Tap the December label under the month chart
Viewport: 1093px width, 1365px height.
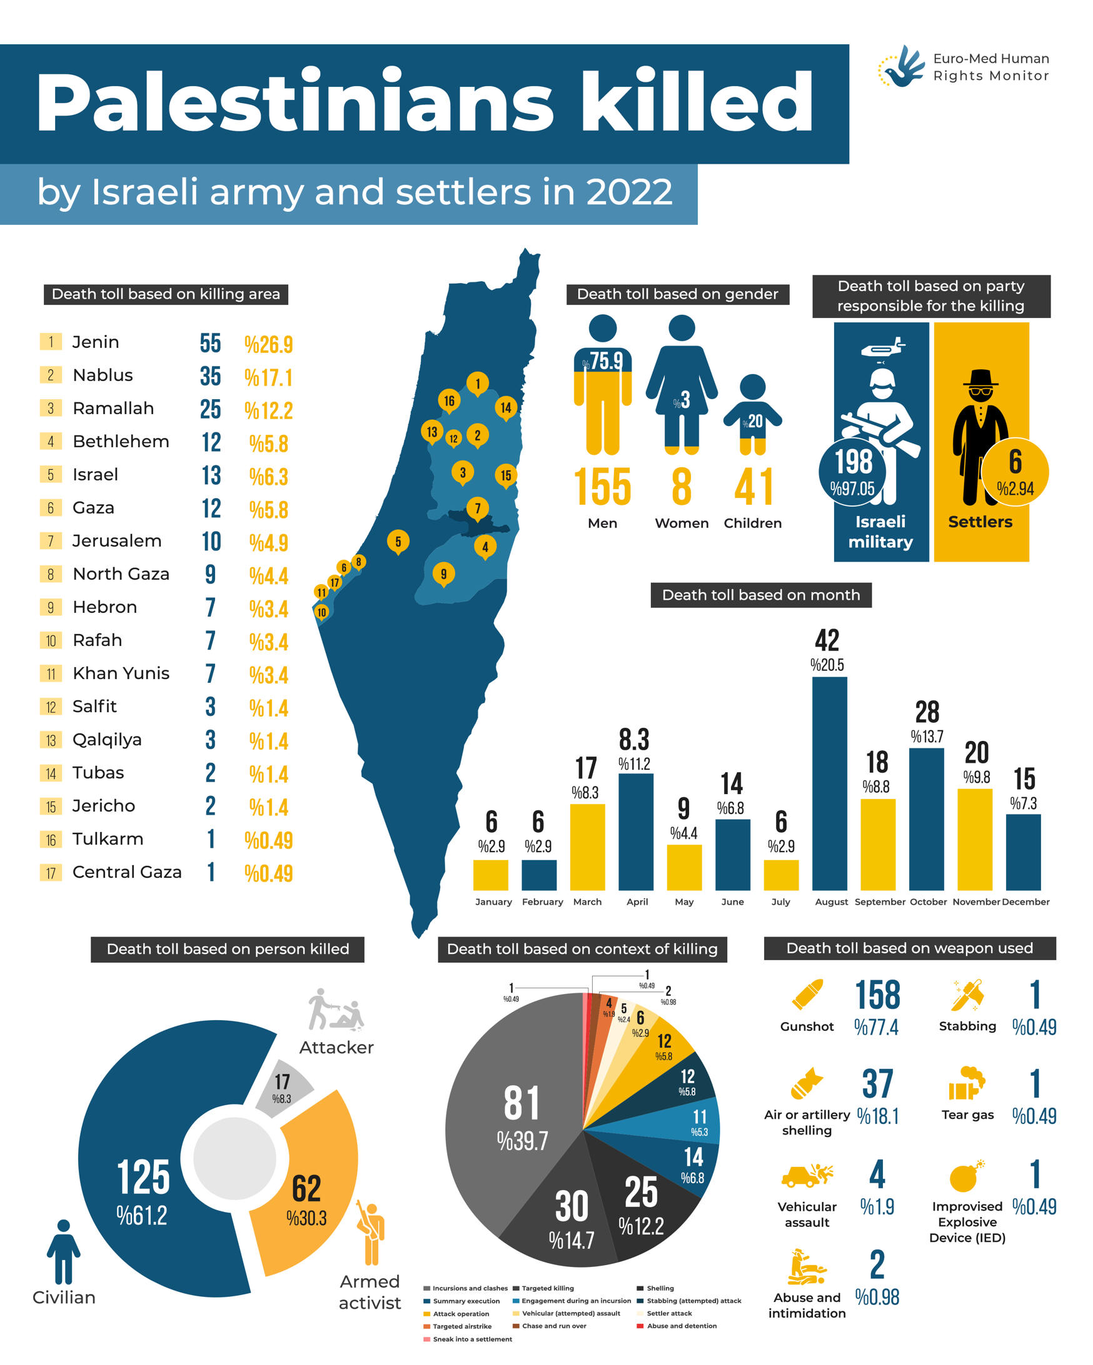pos(1025,901)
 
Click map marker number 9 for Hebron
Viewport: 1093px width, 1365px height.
pos(443,573)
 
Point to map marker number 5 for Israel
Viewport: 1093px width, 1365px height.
pos(398,542)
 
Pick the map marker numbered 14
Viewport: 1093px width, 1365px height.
pos(506,407)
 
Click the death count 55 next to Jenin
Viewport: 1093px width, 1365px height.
pos(210,343)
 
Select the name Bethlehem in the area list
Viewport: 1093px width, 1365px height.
pos(121,441)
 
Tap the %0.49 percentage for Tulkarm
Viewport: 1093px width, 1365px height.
pos(269,840)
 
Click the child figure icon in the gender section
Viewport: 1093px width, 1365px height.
pos(753,415)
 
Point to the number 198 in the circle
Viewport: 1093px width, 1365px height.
pos(854,462)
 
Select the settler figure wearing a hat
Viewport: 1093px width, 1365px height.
pos(980,437)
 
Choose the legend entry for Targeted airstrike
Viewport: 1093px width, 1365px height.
pos(462,1326)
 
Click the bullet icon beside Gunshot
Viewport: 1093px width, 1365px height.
pos(807,995)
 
